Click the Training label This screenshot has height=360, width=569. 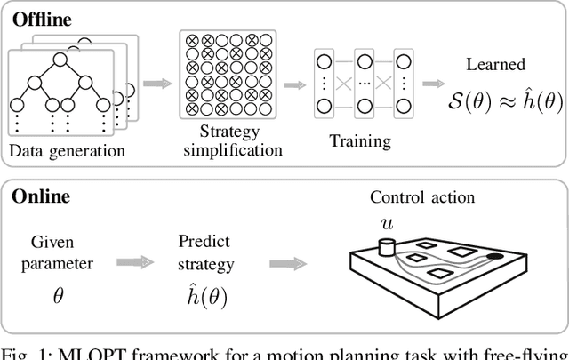click(x=360, y=140)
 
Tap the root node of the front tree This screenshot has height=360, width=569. click(x=60, y=60)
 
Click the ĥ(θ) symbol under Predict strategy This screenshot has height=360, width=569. click(x=202, y=295)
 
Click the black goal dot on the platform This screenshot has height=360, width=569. click(x=493, y=258)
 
